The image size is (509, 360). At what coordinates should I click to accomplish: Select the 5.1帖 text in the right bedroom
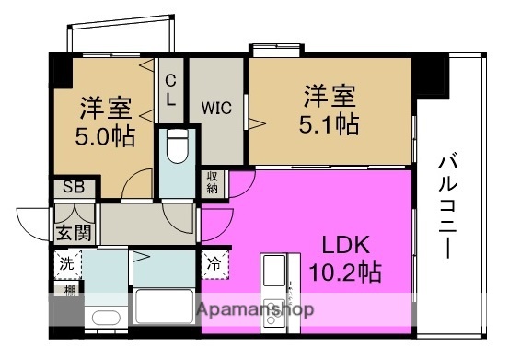click(x=330, y=122)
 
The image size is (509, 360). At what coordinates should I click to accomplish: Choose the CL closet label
click(x=170, y=88)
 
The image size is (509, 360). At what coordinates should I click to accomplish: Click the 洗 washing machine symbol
click(x=65, y=263)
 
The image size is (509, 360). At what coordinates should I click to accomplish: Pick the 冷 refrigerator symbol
click(x=213, y=261)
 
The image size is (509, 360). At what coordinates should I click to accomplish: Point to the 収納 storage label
click(x=213, y=182)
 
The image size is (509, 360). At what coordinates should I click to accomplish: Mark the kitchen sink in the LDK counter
click(x=275, y=271)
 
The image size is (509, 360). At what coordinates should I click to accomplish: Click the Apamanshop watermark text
click(x=255, y=309)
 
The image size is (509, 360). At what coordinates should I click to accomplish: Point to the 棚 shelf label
click(x=69, y=292)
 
